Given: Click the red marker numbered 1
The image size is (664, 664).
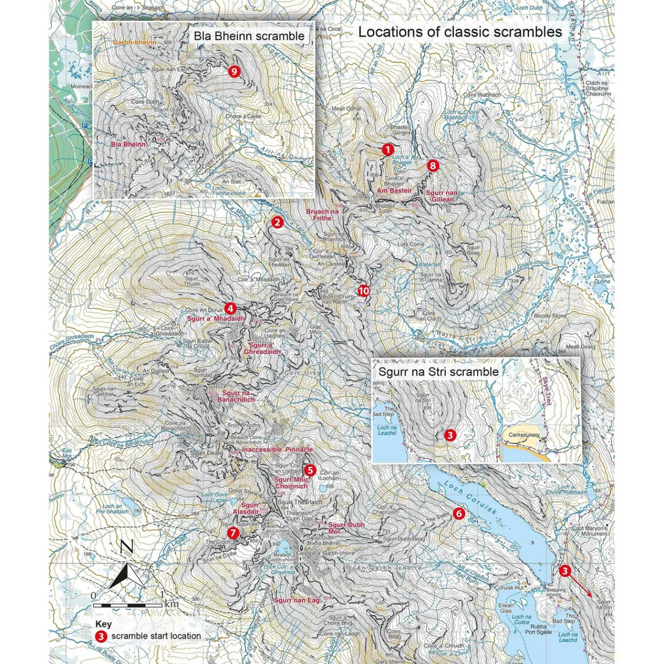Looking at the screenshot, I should (388, 149).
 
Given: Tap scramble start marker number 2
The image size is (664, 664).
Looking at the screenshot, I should (277, 222).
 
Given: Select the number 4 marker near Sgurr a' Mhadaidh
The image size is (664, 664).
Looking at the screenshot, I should (231, 308).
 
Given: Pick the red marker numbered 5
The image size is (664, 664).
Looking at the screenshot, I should (310, 470).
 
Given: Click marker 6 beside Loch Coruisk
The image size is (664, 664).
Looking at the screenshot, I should (459, 514).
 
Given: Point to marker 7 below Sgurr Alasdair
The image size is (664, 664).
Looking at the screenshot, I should (232, 532).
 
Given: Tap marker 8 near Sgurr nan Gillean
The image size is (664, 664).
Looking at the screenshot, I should (432, 165).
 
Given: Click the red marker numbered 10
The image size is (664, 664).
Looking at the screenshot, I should (364, 290).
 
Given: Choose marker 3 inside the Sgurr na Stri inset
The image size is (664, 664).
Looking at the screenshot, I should (450, 435).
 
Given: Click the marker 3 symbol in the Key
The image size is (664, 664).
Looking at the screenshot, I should (101, 636).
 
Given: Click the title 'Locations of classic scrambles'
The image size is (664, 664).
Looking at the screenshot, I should (460, 32).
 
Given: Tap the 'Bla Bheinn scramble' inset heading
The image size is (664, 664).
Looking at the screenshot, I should (249, 36).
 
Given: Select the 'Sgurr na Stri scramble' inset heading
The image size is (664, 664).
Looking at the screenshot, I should (438, 371).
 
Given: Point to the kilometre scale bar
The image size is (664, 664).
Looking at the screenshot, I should (128, 605).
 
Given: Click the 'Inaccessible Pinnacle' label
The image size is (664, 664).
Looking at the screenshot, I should (278, 449).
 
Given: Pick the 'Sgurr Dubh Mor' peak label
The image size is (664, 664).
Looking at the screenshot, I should (346, 528).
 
